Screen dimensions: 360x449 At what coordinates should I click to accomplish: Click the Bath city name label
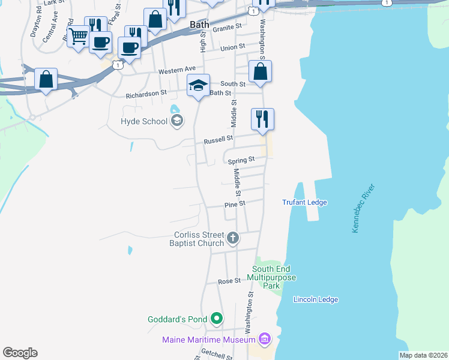[199, 25]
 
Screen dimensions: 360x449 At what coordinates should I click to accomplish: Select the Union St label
[233, 47]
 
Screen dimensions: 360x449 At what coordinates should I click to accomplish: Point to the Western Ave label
[177, 71]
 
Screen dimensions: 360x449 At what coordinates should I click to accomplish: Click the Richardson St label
[146, 94]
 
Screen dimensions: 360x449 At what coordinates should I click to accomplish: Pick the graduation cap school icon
[198, 86]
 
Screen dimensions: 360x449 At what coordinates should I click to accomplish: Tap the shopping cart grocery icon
[78, 37]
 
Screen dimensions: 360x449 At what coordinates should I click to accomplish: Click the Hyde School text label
[144, 121]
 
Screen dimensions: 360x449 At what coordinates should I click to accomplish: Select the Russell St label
[218, 140]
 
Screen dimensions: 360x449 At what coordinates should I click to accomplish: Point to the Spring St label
[241, 160]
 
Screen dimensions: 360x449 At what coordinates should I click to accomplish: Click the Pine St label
[235, 204]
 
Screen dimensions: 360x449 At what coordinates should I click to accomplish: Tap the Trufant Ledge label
[304, 202]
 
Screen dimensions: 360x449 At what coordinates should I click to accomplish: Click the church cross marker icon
[234, 239]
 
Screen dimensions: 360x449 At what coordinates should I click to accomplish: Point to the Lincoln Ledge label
[315, 299]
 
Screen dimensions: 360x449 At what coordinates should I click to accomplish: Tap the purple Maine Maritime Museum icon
[264, 340]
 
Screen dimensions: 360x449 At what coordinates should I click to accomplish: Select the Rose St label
[229, 281]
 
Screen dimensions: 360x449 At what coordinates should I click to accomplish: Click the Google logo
[20, 353]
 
